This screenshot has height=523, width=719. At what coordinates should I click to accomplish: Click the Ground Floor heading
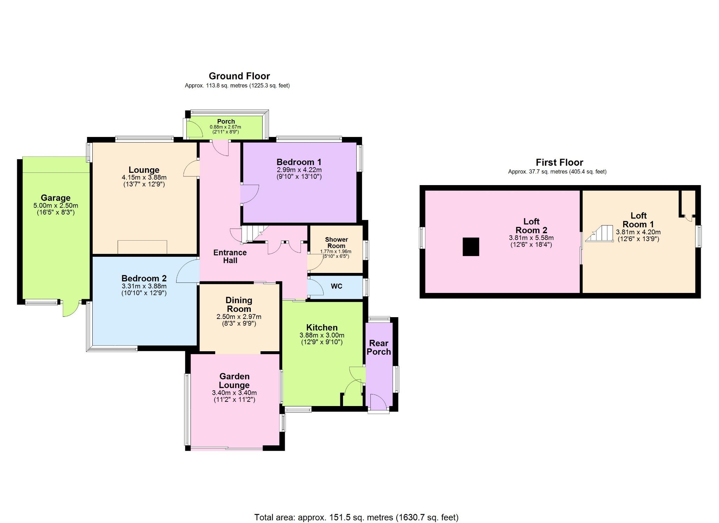coord(239,76)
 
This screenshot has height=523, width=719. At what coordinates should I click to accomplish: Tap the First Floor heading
coord(559,162)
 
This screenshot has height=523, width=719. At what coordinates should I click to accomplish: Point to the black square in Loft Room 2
coord(471,247)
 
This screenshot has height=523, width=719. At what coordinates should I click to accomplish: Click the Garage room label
coord(55,198)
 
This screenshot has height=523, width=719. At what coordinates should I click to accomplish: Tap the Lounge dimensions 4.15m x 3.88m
coord(144,177)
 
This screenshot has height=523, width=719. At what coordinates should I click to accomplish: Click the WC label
coord(336,286)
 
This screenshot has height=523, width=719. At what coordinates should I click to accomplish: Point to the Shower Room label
coord(336,243)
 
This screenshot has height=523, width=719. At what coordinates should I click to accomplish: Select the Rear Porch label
coord(379,347)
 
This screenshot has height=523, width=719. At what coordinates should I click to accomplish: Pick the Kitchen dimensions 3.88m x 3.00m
coord(322,335)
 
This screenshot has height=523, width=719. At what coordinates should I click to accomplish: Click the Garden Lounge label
coord(234,381)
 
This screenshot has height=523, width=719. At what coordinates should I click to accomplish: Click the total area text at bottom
coord(356,517)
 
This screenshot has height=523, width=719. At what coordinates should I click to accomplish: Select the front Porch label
coord(226,121)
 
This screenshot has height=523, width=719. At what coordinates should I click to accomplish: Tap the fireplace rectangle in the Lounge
coord(142,247)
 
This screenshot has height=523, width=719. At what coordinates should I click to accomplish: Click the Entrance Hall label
coord(230,256)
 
